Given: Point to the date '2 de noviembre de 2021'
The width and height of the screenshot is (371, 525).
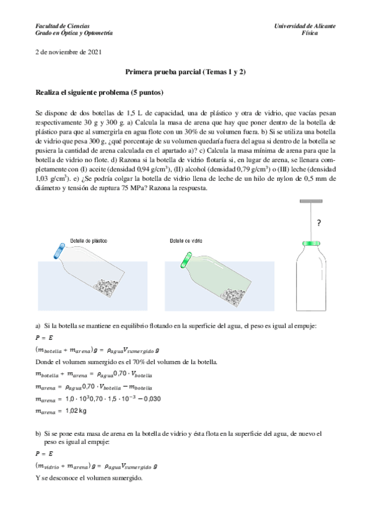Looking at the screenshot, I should click(69, 53).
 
